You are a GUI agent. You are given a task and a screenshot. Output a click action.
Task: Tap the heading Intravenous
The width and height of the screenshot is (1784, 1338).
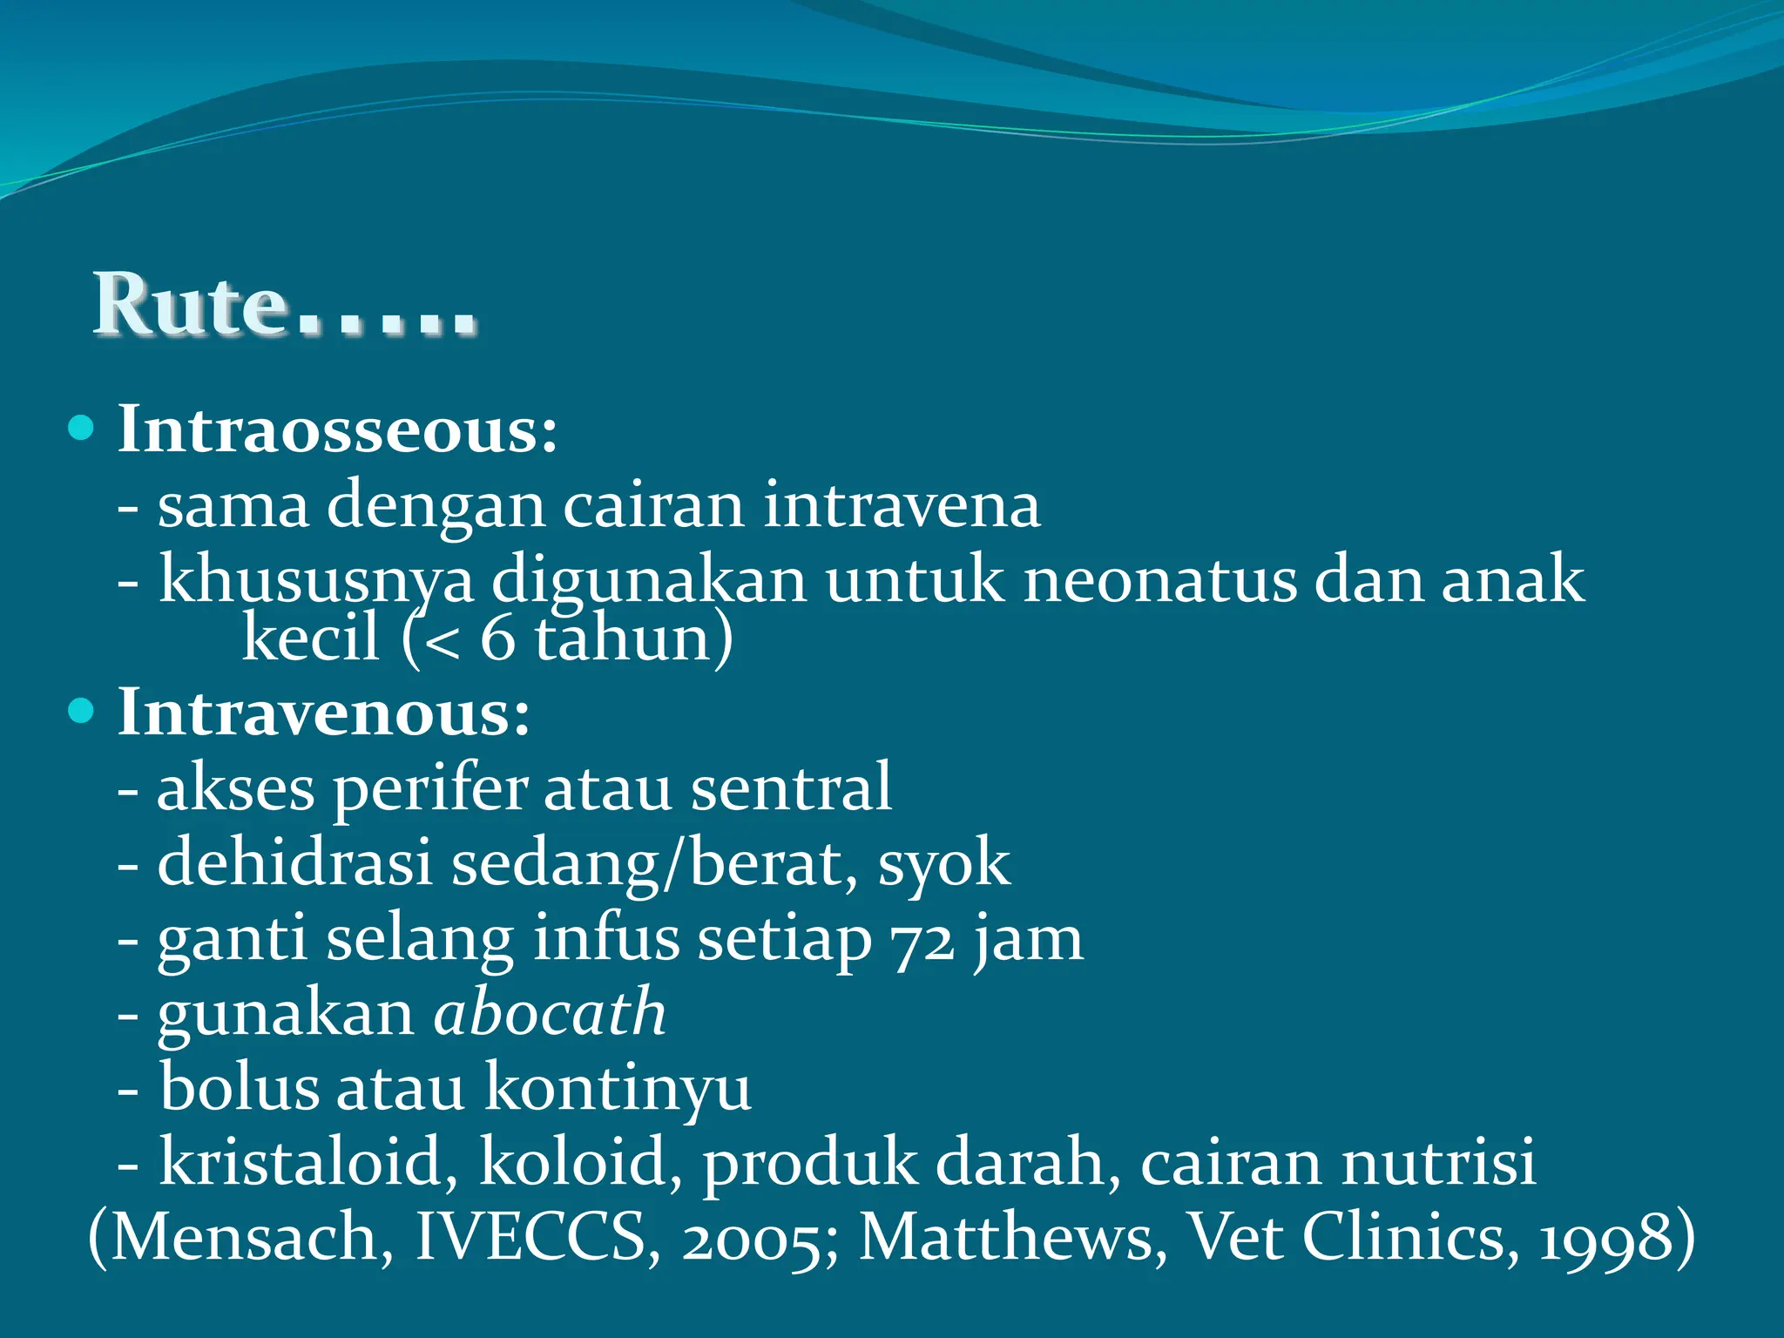pos(323,713)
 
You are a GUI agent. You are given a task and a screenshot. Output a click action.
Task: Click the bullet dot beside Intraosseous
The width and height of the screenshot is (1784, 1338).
pos(81,428)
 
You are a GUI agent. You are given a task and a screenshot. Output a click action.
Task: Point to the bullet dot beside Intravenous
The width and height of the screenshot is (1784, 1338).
pos(81,711)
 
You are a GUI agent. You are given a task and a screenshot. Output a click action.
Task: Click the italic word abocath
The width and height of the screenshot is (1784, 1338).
pos(551,1013)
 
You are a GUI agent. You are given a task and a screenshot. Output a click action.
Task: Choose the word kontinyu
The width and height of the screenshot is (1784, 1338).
pos(618,1089)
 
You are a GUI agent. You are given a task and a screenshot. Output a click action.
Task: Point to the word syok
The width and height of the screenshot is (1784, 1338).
pos(944,864)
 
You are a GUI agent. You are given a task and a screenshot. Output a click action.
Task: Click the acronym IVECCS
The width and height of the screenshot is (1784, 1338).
pos(530,1237)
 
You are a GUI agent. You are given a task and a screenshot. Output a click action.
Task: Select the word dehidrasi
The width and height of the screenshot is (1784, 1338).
pos(295,864)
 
